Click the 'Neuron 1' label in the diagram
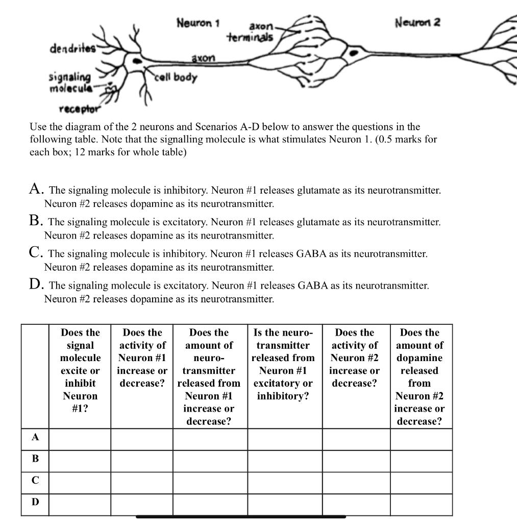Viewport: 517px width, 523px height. [198, 23]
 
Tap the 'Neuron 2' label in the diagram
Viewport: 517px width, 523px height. [417, 22]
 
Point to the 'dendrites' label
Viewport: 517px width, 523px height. [72, 49]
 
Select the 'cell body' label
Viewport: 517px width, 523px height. [177, 78]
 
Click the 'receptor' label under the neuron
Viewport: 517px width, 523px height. [80, 109]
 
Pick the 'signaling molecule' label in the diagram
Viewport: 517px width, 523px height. [70, 82]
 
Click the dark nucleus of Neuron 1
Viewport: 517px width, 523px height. [136, 60]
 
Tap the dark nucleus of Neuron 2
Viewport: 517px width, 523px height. [353, 53]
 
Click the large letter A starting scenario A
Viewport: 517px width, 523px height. [35, 189]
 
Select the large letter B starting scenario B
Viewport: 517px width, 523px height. [35, 221]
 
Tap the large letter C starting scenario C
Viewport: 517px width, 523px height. [35, 253]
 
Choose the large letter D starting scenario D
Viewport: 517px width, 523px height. [35, 284]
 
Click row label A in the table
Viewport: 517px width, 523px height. [35, 437]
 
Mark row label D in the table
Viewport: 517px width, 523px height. [35, 502]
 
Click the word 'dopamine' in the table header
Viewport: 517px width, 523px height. [420, 358]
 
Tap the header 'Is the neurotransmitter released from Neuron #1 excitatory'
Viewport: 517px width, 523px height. [284, 364]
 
